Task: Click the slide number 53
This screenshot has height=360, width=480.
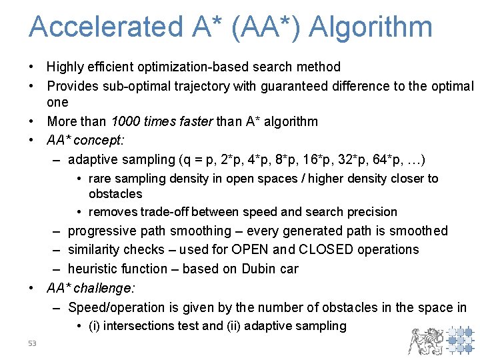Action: pos(33,343)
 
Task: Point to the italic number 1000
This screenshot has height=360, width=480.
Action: pos(127,121)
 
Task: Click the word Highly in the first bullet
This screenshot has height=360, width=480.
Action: pos(65,67)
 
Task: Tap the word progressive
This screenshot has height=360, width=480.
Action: pos(102,231)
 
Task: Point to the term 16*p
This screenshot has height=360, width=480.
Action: pos(311,160)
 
